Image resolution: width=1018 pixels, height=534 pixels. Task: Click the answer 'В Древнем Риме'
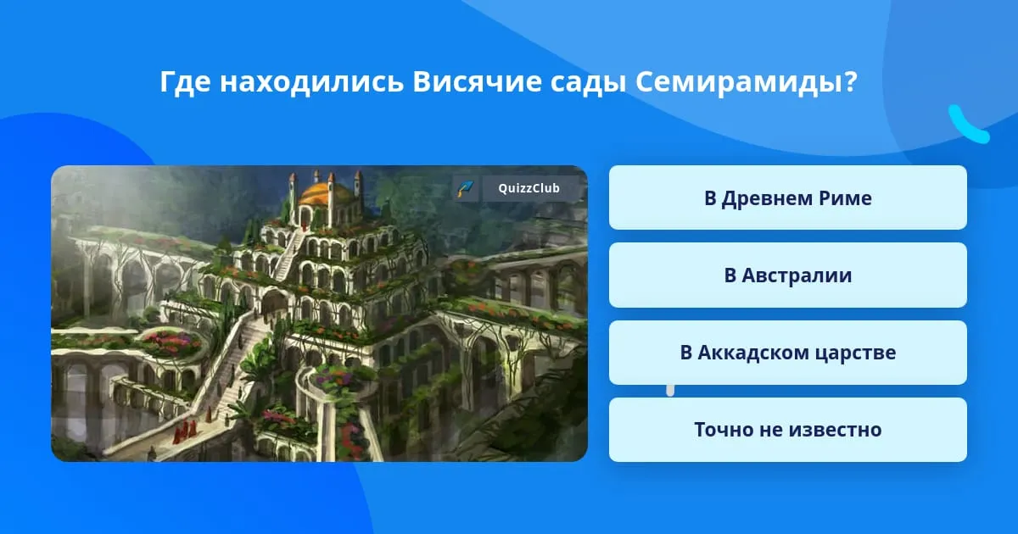click(x=787, y=197)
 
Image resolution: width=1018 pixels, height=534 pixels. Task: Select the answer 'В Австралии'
click(x=787, y=275)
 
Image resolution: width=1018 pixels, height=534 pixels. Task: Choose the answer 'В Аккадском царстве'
click(x=787, y=353)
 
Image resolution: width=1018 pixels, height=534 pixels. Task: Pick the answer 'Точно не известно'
click(x=787, y=430)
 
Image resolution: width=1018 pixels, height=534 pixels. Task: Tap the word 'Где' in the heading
click(x=185, y=83)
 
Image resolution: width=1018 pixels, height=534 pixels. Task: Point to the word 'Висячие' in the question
click(x=477, y=82)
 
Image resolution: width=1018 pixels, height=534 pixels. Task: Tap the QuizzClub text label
click(x=529, y=188)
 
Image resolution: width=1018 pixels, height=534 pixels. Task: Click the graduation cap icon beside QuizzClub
click(x=466, y=188)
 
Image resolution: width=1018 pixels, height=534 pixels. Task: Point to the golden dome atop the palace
click(x=326, y=193)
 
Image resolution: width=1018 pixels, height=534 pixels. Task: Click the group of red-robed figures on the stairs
click(x=185, y=431)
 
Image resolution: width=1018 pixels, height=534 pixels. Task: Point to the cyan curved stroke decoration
click(x=969, y=125)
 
